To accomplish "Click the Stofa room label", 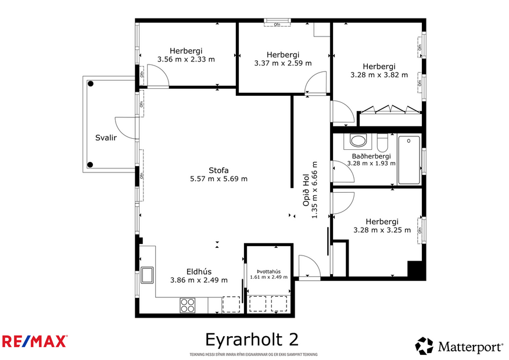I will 219,170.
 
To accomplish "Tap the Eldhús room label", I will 199,271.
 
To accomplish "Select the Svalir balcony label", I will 105,138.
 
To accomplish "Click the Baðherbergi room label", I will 371,156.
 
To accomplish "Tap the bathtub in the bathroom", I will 410,160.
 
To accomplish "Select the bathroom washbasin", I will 358,141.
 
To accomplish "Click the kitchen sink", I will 146,275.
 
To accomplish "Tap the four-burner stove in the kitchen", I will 188,305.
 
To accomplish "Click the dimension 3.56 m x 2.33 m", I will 186,59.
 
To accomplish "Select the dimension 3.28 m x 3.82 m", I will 379,74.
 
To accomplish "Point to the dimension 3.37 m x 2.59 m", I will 283,63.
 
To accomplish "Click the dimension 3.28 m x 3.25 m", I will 382,230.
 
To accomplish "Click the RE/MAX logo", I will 35,341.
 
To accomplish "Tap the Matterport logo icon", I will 424,346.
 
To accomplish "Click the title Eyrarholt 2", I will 252,339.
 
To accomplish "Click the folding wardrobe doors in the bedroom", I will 390,109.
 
